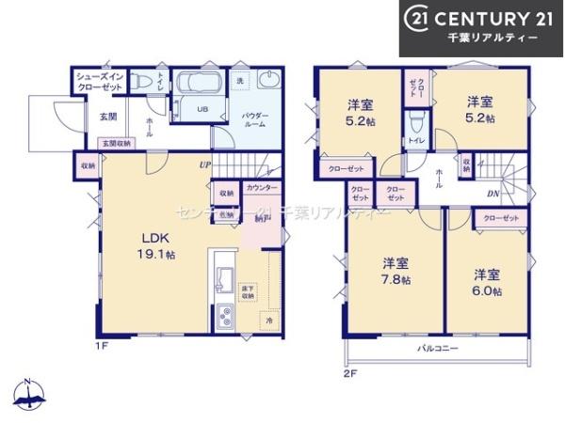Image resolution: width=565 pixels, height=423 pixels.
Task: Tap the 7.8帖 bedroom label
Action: [395, 271]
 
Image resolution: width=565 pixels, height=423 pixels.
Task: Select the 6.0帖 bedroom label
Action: [486, 282]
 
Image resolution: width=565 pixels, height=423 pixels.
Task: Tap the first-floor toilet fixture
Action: [145, 83]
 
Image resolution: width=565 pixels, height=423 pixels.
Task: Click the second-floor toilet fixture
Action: [415, 122]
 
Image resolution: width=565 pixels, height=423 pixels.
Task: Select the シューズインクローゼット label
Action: [99, 81]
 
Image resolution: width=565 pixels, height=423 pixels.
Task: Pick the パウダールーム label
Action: [256, 119]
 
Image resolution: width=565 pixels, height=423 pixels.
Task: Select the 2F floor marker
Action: [350, 372]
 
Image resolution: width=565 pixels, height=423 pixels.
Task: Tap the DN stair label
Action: [492, 195]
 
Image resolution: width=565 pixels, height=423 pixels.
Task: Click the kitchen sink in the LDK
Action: [226, 278]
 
